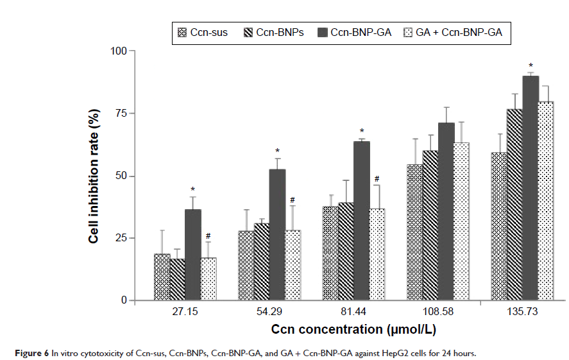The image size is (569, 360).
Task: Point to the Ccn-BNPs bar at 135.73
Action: coord(514,205)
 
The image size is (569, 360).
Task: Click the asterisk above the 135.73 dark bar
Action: coord(531,65)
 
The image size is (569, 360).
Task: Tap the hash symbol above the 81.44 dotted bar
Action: coord(377,179)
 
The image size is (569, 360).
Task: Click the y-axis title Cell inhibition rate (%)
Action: coord(94,175)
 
